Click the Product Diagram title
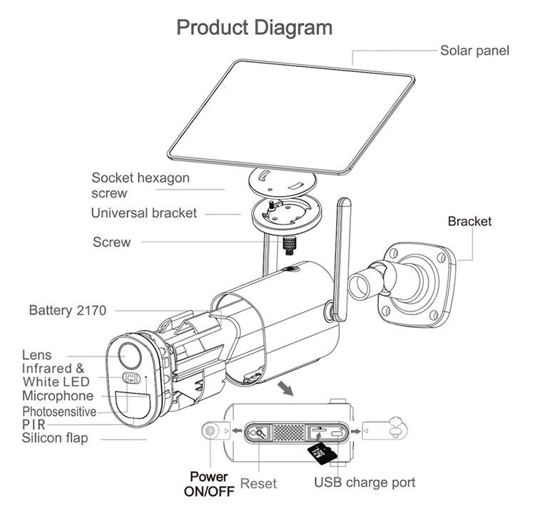coord(254,28)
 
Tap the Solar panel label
coord(474,51)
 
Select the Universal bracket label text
coord(143,213)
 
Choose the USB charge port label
coord(365,483)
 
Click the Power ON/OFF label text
coord(208,484)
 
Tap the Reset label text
coord(258,484)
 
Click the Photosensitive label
coord(59,412)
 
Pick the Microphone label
coord(57,396)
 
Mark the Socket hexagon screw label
coord(140,185)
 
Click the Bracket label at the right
coord(469,222)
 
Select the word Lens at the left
coord(36,355)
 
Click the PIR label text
coord(34,425)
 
